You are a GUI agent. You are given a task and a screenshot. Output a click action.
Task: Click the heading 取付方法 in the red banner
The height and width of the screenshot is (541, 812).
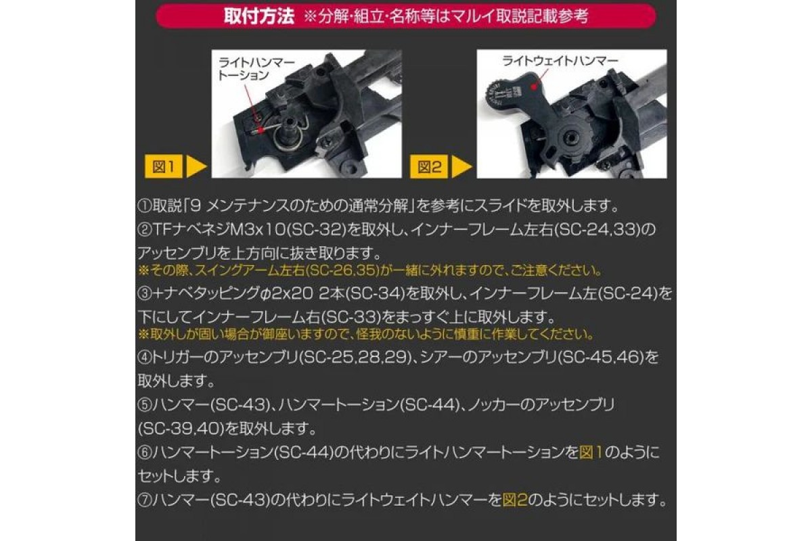pos(258,16)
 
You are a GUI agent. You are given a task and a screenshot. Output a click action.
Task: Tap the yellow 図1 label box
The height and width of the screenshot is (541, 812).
pos(164,166)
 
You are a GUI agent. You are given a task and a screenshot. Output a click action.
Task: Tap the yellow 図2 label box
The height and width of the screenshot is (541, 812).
pos(429,166)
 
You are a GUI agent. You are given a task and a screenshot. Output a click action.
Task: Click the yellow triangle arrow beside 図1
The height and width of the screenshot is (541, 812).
pos(196,166)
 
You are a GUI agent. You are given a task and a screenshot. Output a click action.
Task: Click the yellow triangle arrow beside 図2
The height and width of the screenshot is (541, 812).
pos(461,166)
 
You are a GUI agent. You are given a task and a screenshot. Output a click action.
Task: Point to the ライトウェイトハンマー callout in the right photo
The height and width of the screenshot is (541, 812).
pos(560,61)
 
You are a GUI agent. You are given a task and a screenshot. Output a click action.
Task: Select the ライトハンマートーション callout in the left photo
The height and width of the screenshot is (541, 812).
pos(256,69)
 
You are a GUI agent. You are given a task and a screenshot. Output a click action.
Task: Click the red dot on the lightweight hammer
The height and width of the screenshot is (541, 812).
pos(533,87)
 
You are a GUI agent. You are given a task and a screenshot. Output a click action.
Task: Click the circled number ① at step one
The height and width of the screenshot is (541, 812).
pos(145,206)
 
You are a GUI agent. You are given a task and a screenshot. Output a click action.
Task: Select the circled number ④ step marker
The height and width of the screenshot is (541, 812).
pos(145,357)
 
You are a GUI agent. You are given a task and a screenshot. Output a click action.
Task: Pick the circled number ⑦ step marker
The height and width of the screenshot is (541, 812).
pos(145,500)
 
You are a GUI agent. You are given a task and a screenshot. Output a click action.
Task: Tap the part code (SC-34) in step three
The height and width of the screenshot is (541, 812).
pos(376,293)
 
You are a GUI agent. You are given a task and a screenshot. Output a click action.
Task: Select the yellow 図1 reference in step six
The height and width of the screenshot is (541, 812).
pos(591,453)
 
